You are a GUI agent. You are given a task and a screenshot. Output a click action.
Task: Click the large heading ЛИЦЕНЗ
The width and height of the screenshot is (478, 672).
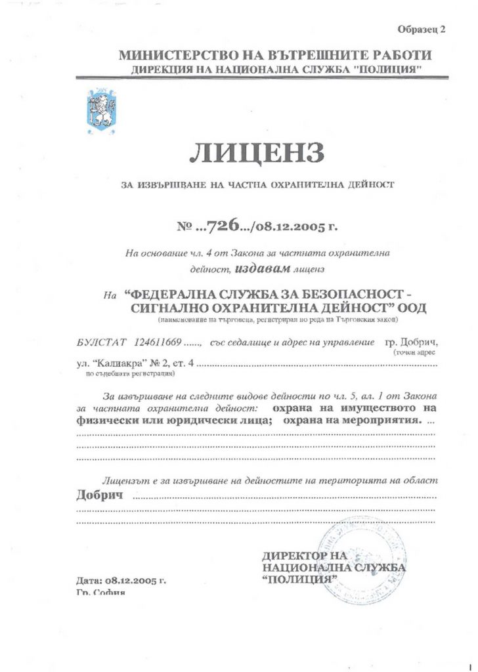[257, 152]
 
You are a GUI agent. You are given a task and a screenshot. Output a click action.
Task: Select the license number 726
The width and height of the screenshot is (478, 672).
[221, 227]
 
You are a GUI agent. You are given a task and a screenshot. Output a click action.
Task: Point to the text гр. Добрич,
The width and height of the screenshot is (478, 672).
[412, 343]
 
